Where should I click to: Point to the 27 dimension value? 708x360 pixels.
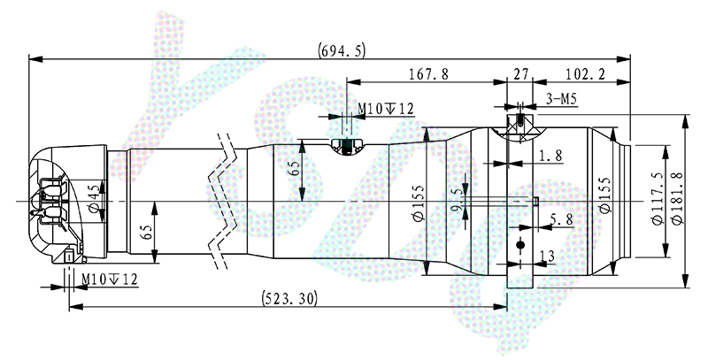click(x=519, y=75)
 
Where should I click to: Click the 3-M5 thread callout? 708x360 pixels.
click(x=562, y=99)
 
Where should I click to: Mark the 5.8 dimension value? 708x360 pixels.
click(x=559, y=218)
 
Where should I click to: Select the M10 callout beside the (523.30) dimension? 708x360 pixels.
click(x=110, y=279)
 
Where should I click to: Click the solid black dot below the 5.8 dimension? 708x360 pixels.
click(x=520, y=243)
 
